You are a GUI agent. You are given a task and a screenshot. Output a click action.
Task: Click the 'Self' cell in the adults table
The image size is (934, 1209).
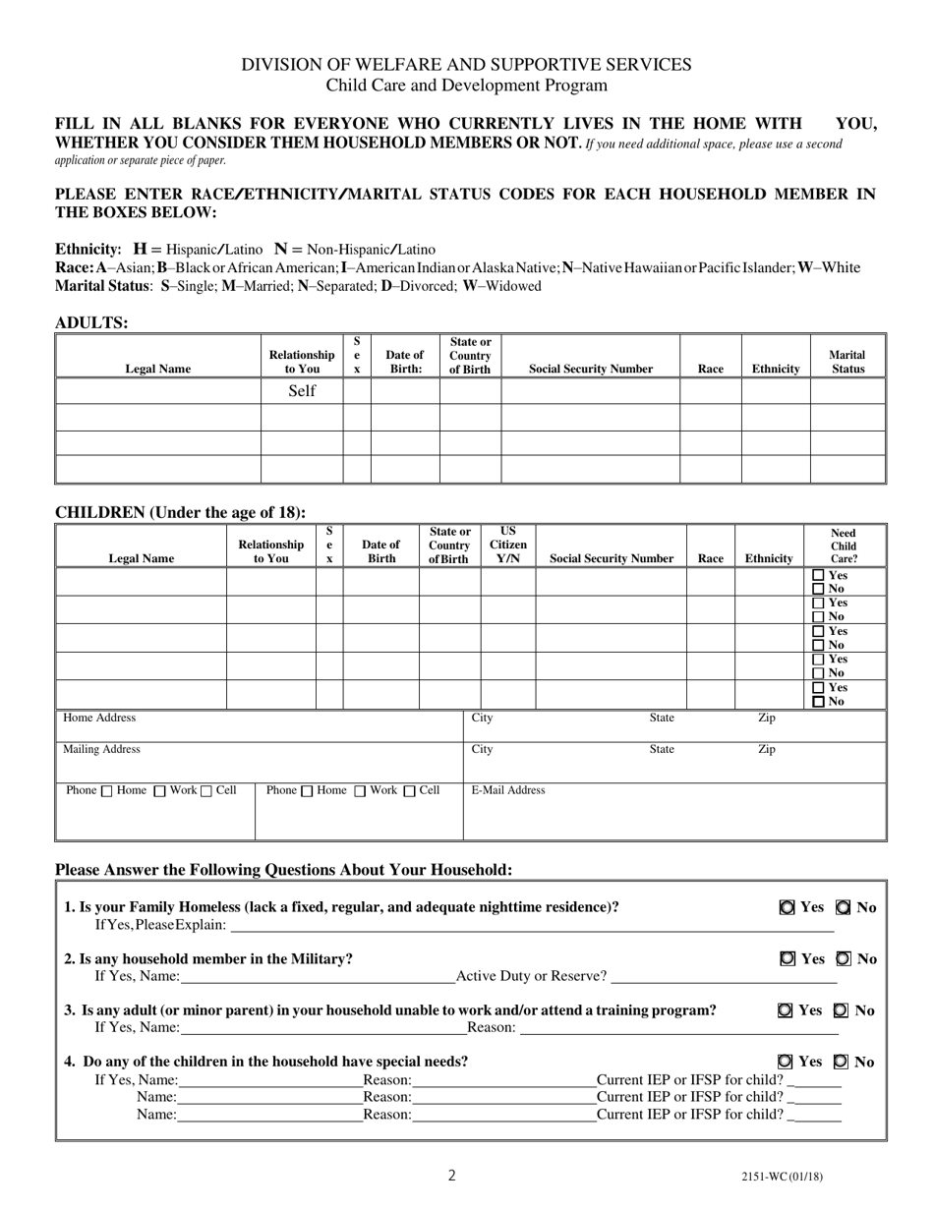(x=302, y=391)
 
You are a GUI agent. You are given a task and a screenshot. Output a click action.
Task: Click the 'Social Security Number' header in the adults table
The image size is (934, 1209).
(x=590, y=369)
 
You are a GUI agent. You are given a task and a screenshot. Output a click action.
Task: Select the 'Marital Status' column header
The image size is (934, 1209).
(x=847, y=362)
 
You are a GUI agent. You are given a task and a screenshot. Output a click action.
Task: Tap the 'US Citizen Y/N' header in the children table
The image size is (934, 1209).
(x=507, y=545)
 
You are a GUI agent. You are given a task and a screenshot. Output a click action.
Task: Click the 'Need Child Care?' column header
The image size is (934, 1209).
(x=844, y=546)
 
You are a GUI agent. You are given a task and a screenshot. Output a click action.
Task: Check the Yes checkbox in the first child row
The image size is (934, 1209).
(x=818, y=576)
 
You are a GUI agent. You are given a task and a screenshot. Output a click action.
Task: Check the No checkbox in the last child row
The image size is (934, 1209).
(x=818, y=702)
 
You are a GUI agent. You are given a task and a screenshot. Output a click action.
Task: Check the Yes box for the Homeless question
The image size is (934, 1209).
(x=787, y=907)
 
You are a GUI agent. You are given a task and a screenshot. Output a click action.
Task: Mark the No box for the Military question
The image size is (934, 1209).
(x=844, y=958)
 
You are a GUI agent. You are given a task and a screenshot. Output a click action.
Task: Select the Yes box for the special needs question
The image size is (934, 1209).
(x=785, y=1062)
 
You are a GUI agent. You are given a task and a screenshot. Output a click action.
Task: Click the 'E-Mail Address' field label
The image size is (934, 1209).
(x=508, y=790)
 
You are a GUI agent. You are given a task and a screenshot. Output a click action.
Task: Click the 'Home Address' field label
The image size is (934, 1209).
(x=99, y=719)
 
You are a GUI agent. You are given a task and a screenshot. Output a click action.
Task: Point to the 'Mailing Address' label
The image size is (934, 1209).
(x=101, y=749)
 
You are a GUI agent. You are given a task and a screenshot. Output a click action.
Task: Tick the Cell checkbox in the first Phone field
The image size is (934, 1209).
(x=206, y=791)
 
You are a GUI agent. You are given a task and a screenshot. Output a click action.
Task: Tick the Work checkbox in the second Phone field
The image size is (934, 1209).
(x=360, y=791)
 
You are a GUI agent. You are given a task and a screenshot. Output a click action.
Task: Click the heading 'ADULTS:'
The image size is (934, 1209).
(x=91, y=322)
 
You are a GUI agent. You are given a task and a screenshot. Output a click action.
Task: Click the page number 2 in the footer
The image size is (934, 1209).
(x=452, y=1175)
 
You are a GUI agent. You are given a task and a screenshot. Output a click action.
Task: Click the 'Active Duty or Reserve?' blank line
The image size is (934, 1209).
(x=724, y=977)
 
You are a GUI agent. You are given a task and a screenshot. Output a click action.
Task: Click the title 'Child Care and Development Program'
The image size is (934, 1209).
(x=467, y=86)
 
